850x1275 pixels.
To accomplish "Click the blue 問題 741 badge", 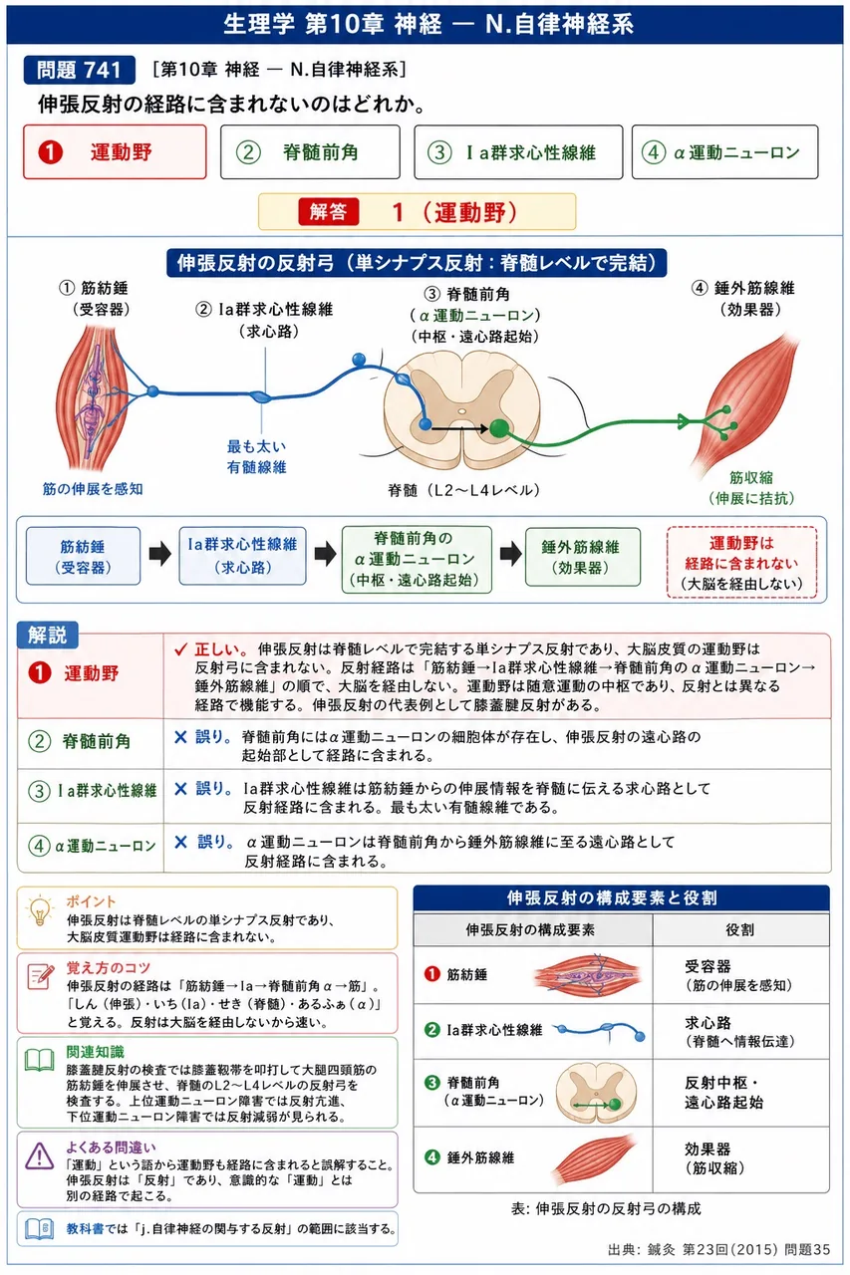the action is [79, 70].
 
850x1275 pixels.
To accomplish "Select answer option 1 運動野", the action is [115, 152].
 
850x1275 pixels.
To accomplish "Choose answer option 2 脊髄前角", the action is [310, 152].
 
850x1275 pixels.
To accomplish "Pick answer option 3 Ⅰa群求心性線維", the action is [518, 152].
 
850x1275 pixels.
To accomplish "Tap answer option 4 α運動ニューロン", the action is [724, 152].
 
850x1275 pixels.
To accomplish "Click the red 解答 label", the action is [329, 212].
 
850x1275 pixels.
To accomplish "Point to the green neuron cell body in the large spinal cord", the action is [499, 428].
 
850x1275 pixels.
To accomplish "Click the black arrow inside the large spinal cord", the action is [459, 428].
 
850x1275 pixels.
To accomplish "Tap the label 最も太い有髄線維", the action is [257, 456].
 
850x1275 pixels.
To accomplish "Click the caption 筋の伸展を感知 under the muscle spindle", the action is [93, 488].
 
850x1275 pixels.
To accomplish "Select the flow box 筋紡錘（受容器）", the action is [83, 556].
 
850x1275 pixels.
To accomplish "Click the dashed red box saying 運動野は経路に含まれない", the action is [741, 563].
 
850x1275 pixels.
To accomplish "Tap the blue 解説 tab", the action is [47, 635].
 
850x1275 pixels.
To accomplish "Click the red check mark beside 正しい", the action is [181, 649].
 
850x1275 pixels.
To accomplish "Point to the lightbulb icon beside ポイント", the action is [40, 910].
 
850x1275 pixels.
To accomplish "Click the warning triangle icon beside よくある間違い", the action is [39, 1156].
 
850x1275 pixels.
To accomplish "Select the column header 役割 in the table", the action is [740, 929].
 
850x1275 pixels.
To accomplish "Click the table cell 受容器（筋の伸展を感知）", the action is [739, 975].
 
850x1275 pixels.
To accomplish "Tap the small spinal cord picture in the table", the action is [596, 1094].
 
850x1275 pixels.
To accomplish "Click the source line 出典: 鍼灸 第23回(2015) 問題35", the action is [719, 1249].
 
